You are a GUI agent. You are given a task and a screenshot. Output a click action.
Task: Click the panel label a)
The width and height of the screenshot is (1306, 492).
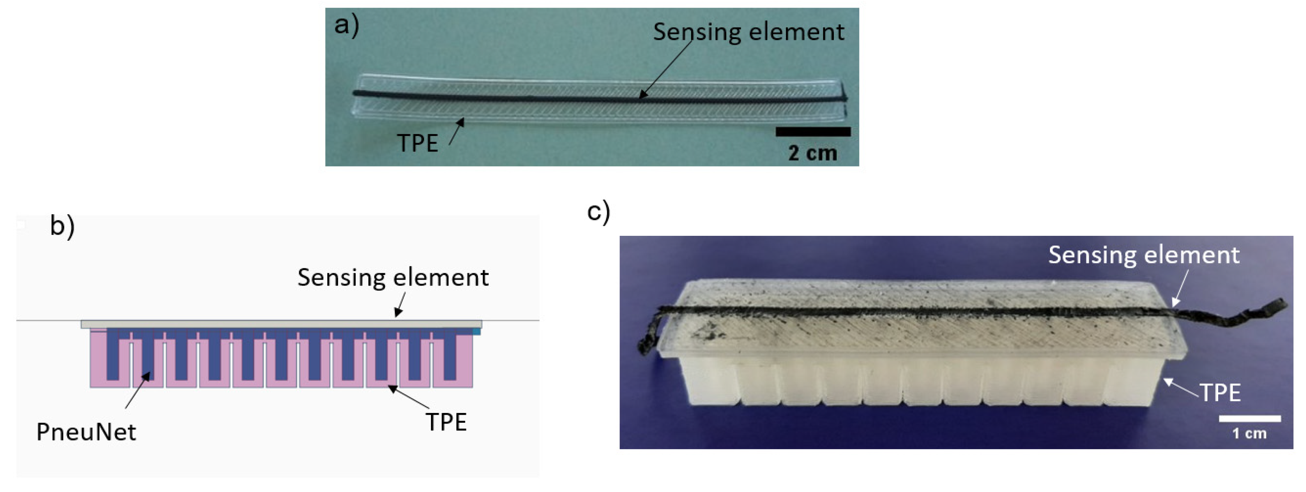coord(347,25)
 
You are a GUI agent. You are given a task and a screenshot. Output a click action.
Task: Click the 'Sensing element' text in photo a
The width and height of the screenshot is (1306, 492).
coord(748,32)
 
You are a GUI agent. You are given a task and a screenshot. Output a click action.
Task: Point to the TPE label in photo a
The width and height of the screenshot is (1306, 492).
coord(417,143)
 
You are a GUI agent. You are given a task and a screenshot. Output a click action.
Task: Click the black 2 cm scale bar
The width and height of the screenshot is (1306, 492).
coord(813,132)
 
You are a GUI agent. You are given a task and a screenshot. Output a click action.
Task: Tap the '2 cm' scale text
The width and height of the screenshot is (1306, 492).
coord(812,153)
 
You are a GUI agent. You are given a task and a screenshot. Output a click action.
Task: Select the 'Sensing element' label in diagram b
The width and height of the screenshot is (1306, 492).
coord(393,277)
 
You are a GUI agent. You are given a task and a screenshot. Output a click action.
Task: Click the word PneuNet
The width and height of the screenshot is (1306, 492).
coord(86,432)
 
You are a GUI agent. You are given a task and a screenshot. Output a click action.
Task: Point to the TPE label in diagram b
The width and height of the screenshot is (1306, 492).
coord(446,422)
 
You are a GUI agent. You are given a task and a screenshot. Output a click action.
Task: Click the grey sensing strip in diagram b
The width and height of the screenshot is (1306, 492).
coord(281,324)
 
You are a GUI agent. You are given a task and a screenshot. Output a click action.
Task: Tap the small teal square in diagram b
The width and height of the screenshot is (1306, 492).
coord(476,331)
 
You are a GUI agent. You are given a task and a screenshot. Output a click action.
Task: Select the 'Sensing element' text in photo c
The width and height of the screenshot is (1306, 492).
coord(1144,255)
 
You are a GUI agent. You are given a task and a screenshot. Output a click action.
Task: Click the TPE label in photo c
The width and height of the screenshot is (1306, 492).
coord(1220,393)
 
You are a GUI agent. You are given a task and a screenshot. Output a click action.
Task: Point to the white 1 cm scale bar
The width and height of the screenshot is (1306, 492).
coord(1250,418)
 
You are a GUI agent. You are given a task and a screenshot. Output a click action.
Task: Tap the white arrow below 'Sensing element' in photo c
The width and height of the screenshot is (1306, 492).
coord(1180,289)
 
